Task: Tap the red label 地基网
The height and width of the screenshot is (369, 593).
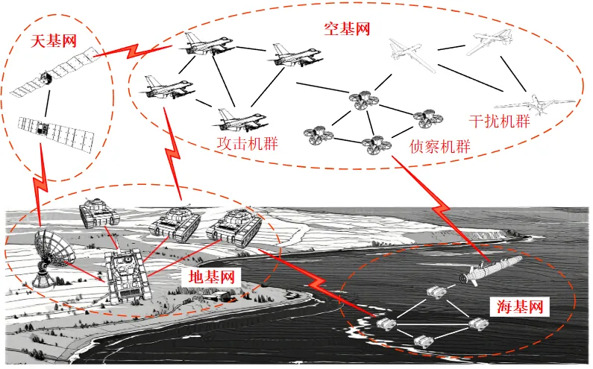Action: [211, 277]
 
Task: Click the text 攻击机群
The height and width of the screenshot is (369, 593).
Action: [247, 142]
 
